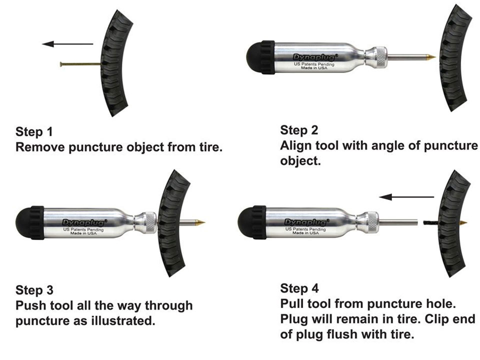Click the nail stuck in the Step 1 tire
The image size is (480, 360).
click(80, 64)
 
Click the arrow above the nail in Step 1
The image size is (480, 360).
click(67, 44)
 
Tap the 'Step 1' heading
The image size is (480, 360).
click(34, 132)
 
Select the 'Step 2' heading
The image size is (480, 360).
click(299, 130)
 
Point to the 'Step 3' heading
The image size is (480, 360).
click(34, 290)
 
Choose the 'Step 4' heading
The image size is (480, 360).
click(299, 288)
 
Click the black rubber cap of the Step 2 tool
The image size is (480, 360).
click(260, 57)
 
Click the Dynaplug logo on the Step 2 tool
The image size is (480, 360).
click(315, 57)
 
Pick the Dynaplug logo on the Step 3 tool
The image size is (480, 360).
click(85, 222)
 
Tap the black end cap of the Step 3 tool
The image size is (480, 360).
click(29, 222)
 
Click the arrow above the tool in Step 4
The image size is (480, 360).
click(406, 197)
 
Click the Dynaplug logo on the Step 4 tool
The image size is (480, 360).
click(307, 222)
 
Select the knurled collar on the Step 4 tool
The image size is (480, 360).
click(372, 221)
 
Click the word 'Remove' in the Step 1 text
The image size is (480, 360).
click(40, 147)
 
